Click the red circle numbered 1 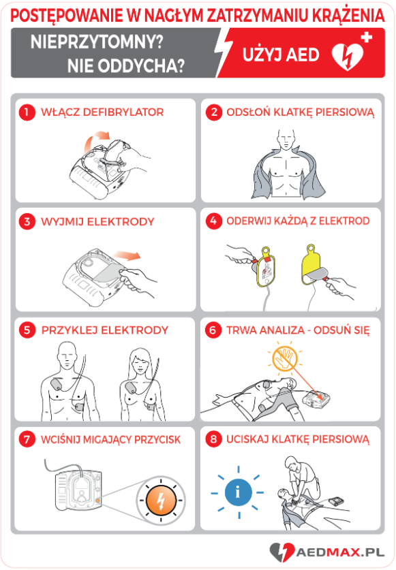tap(27, 112)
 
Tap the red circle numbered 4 tap(213, 221)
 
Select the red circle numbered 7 tap(27, 439)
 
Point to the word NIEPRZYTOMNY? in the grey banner tap(97, 42)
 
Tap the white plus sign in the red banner tap(366, 37)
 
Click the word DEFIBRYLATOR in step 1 tap(123, 112)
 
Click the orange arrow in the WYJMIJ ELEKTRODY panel tap(126, 255)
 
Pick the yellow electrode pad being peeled tap(312, 264)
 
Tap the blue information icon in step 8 tap(238, 492)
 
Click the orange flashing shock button tap(160, 501)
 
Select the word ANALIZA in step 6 tap(279, 330)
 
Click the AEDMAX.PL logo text tap(340, 552)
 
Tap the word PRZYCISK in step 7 tap(157, 439)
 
